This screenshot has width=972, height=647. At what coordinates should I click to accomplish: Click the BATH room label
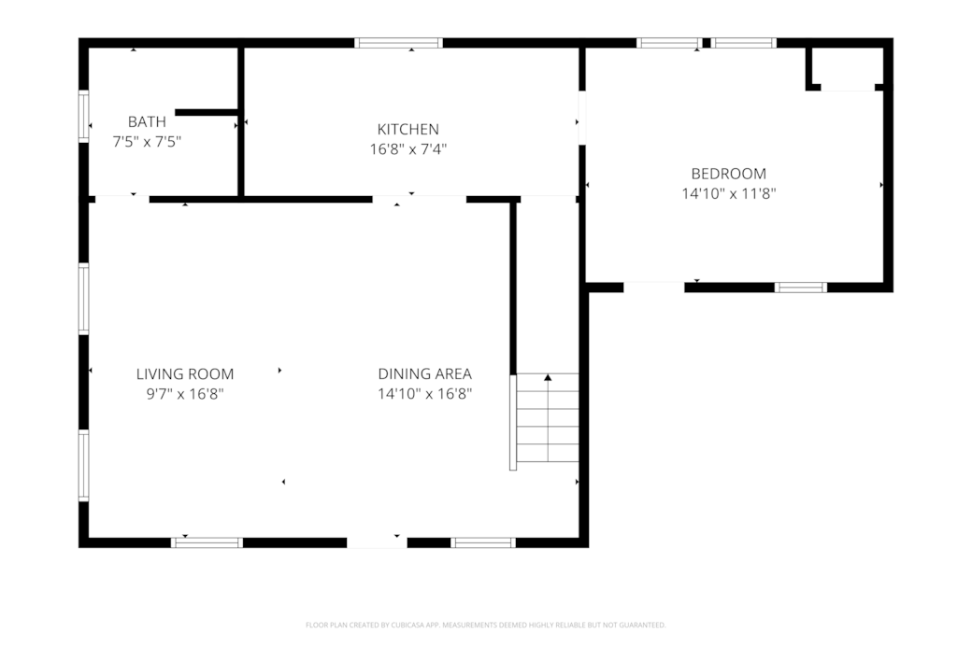pos(147,121)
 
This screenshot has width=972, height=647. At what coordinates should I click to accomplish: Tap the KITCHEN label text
pos(407,129)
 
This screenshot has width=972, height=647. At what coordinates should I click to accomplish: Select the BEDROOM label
pos(728,174)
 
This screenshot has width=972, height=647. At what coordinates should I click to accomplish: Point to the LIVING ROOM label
pos(185,374)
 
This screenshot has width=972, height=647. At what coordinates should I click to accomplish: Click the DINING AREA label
pos(424,374)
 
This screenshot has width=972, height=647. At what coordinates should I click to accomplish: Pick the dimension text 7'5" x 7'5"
pos(147,142)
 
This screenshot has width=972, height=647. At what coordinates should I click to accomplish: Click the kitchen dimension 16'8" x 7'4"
pos(407,149)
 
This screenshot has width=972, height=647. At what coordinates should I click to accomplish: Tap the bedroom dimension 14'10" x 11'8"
pos(728,194)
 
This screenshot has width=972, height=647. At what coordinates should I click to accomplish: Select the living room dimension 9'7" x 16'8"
pos(185,394)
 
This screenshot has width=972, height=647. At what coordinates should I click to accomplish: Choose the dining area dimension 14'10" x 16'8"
pos(424,394)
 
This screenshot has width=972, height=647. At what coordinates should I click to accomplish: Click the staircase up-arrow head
pos(548,377)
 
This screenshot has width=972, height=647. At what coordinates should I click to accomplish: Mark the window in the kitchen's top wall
pos(398,43)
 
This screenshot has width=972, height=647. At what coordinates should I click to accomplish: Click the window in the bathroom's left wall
pos(84,117)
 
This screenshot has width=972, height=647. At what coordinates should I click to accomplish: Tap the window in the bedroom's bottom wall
pos(800,288)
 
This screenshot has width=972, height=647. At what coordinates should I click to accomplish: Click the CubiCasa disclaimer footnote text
pos(485,626)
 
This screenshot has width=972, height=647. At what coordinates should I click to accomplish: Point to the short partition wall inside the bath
pos(207,112)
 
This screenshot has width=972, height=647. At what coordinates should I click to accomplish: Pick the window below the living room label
pos(207,543)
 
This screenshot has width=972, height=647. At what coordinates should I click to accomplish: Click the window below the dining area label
pos(483,543)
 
